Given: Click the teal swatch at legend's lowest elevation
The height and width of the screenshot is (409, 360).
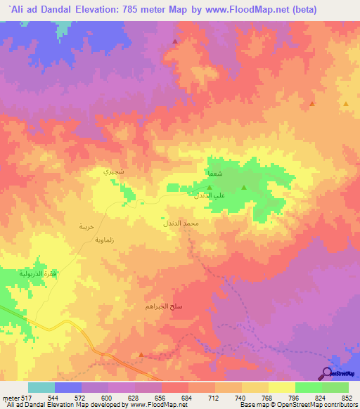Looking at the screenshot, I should [41, 387].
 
